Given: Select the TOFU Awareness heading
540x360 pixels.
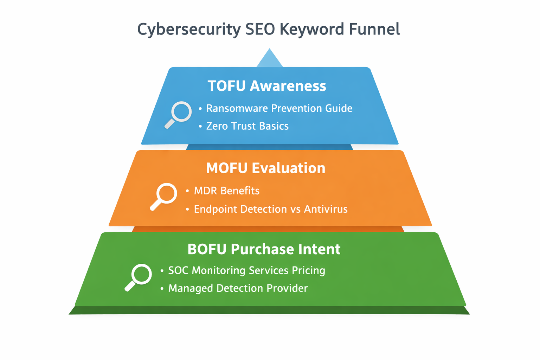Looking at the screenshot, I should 267,86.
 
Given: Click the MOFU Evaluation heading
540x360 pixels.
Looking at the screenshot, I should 265,168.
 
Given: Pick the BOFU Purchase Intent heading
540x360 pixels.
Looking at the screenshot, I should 264,249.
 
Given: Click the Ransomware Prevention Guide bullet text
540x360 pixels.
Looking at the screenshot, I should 279,108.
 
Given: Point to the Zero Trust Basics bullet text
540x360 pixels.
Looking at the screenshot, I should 247,126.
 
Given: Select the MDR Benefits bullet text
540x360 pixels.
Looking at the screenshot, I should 227,191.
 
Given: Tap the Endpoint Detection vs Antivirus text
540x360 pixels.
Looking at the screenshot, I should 271,209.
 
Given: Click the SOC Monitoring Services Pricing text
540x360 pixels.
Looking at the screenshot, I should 246,270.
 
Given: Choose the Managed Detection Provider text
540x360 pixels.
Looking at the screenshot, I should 238,288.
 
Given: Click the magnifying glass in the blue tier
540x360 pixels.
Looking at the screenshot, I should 179,114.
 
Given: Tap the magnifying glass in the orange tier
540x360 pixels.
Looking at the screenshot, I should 164,196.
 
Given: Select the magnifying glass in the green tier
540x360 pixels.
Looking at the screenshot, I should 139,277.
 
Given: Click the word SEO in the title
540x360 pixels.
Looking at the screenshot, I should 260,29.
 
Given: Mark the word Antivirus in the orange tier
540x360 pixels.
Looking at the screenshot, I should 326,209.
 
